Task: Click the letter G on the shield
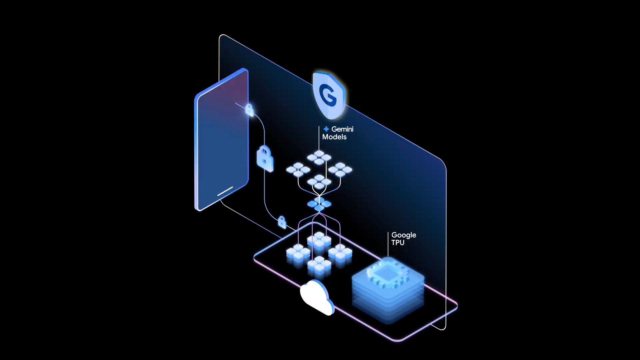(328, 95)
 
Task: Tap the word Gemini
(342, 129)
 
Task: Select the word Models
(334, 137)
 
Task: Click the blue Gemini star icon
(326, 129)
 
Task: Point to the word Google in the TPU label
(404, 235)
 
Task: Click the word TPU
(398, 243)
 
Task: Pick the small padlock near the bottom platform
(282, 222)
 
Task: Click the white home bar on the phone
(225, 191)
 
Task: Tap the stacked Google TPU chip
(388, 287)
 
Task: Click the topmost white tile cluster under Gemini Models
(319, 157)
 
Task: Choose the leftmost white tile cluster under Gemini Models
(298, 169)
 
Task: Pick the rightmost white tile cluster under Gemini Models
(340, 169)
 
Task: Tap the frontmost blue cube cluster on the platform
(319, 266)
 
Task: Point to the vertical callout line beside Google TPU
(388, 244)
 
